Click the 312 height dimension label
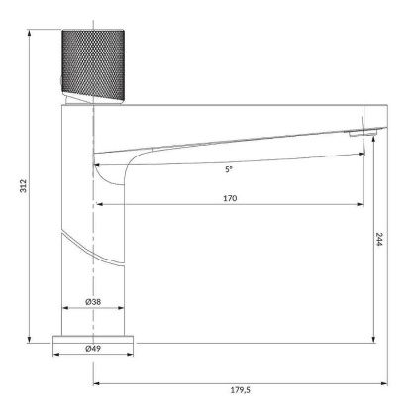[x=23, y=185]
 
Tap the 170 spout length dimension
[x=229, y=198]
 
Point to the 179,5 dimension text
[x=240, y=389]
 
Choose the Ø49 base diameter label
[x=93, y=349]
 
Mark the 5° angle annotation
[x=229, y=169]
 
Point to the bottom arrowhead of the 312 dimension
[x=33, y=339]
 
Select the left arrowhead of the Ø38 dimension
[x=65, y=307]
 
